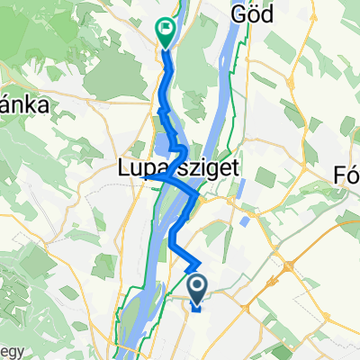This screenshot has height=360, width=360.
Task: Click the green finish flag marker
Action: tap(166, 31)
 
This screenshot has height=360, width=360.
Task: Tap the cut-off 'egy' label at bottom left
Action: tap(8, 350)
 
